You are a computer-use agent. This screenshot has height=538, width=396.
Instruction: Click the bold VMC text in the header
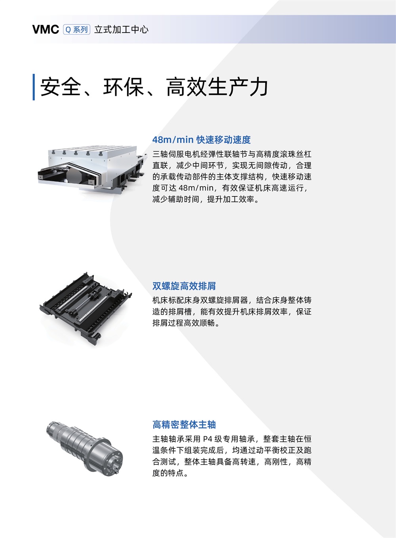[46, 29]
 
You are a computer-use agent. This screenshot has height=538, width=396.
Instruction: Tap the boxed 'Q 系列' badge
[77, 29]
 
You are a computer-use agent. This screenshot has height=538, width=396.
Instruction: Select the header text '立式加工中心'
[121, 29]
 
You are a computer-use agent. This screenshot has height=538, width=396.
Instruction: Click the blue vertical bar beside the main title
[34, 87]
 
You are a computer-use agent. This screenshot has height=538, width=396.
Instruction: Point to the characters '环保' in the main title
[124, 87]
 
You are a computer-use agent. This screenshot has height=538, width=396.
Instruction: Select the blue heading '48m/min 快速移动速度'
[202, 140]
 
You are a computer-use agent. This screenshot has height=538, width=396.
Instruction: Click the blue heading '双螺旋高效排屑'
[184, 286]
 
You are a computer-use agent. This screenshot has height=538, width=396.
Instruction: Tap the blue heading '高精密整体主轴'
[184, 425]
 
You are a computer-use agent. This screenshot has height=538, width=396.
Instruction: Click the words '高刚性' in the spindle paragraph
[276, 461]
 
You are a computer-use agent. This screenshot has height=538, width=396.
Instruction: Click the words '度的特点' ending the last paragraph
[168, 473]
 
